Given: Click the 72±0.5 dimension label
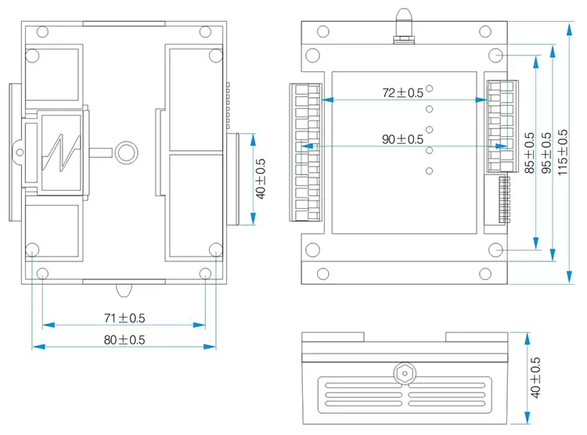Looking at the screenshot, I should click(x=402, y=92).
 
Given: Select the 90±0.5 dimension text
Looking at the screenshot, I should click(x=402, y=139).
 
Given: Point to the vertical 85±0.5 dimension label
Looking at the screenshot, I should click(x=529, y=153).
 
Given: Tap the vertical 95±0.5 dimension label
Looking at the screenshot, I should click(x=546, y=153).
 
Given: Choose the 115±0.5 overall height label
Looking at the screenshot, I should click(x=563, y=153).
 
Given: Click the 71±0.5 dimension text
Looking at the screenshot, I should click(x=124, y=318).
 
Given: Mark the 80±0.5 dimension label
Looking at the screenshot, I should click(x=124, y=340).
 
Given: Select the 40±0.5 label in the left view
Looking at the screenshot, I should click(x=261, y=179).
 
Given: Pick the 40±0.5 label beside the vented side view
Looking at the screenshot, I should click(x=535, y=378).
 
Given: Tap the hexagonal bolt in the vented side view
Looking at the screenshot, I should click(x=404, y=373).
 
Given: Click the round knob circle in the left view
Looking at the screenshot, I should click(x=125, y=151).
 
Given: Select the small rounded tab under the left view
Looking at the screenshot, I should click(x=124, y=290).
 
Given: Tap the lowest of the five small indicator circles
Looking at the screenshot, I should click(x=430, y=171).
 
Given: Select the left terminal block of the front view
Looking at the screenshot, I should click(x=308, y=150).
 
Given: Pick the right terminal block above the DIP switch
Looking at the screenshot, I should click(x=499, y=125).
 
